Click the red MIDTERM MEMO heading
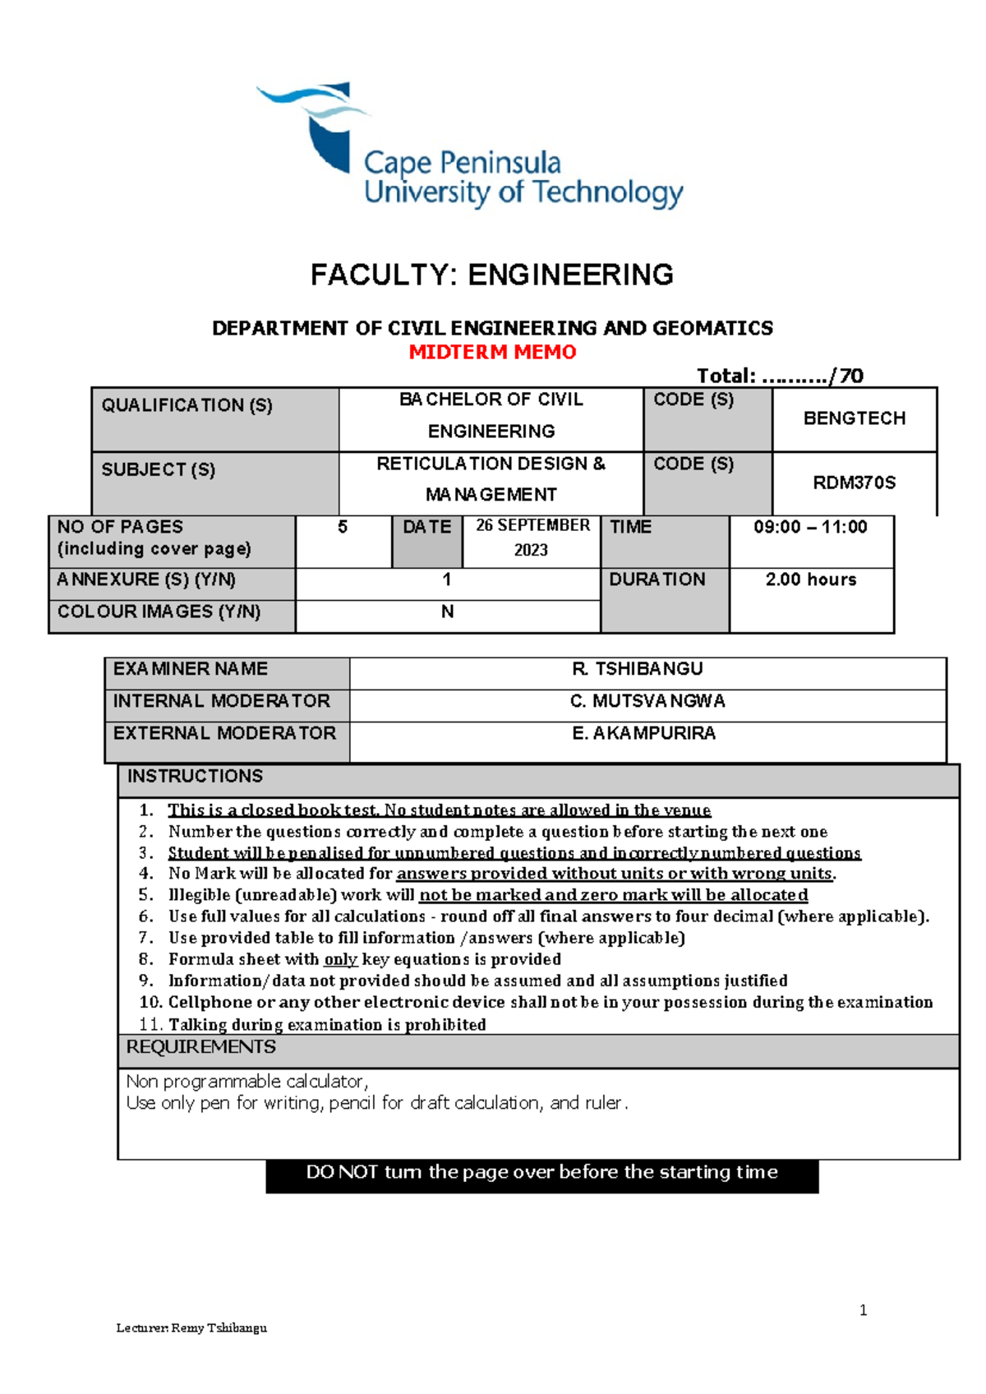(x=492, y=353)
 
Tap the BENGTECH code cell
(x=854, y=418)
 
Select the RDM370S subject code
(x=854, y=482)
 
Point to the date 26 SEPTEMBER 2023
(x=532, y=538)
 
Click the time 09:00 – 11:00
(x=810, y=527)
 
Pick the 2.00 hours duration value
(x=810, y=579)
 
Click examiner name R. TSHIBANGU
(x=637, y=669)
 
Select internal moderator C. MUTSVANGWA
(x=647, y=701)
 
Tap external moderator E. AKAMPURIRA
(x=643, y=733)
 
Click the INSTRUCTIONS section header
(x=195, y=777)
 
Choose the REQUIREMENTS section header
(x=200, y=1047)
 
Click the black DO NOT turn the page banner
(x=541, y=1173)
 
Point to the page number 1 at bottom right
(x=863, y=1310)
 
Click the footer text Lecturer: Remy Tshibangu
(x=191, y=1327)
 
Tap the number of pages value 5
(x=343, y=528)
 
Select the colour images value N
(x=447, y=612)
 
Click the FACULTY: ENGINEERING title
(x=491, y=275)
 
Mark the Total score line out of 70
(x=779, y=376)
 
